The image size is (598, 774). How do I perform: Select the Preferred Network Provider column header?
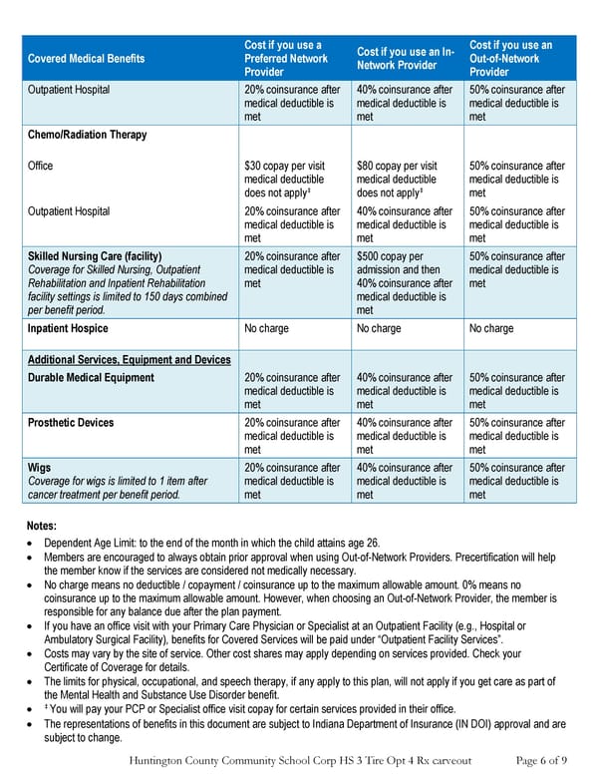coord(286,59)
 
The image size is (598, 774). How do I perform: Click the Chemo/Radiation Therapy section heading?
coord(88,135)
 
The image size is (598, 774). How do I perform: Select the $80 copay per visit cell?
coord(396,167)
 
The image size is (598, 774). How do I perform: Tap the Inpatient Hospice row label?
coord(68,328)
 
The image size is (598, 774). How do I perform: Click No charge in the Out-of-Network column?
coord(491,328)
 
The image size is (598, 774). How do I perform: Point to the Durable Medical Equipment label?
coord(91,378)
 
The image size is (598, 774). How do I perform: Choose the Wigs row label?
coord(39,468)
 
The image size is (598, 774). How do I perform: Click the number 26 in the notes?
coord(375,543)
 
